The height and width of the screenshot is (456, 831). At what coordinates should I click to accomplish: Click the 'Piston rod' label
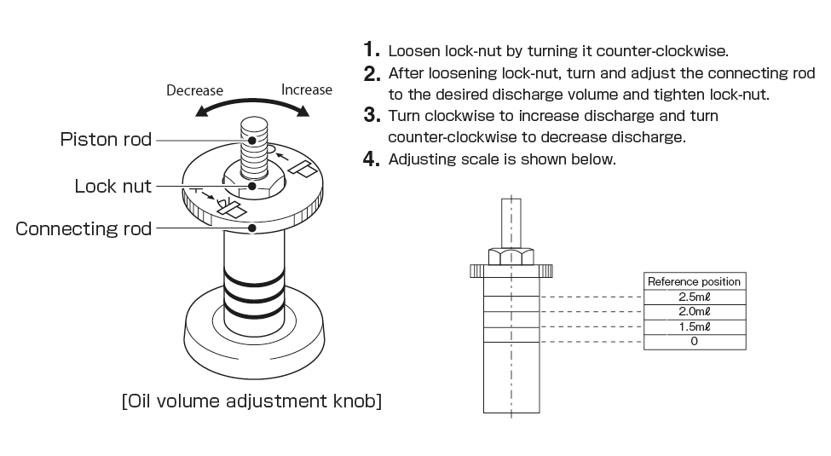point(106,139)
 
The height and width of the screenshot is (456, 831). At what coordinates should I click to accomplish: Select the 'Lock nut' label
point(113,186)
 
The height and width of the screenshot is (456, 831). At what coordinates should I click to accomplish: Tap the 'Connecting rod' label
point(83,228)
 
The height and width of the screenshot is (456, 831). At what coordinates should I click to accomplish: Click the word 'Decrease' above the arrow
point(194,90)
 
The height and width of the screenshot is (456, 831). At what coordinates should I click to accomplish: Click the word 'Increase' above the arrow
point(307,89)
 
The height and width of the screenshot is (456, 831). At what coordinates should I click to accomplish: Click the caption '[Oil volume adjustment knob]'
point(251,401)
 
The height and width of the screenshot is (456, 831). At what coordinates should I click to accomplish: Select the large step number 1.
point(371,49)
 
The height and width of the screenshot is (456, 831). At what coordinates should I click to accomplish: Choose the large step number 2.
point(371,74)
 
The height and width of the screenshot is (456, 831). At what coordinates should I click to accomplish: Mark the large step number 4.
point(371,159)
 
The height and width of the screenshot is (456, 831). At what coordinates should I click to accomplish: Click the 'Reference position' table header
point(694,281)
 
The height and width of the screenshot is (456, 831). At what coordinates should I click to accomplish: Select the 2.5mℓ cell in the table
point(694,297)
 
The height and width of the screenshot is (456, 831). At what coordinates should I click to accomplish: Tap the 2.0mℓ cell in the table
point(694,312)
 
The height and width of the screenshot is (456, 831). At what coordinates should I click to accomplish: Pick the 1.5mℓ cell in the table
point(694,326)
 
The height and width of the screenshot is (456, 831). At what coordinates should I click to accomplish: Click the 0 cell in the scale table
point(694,342)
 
